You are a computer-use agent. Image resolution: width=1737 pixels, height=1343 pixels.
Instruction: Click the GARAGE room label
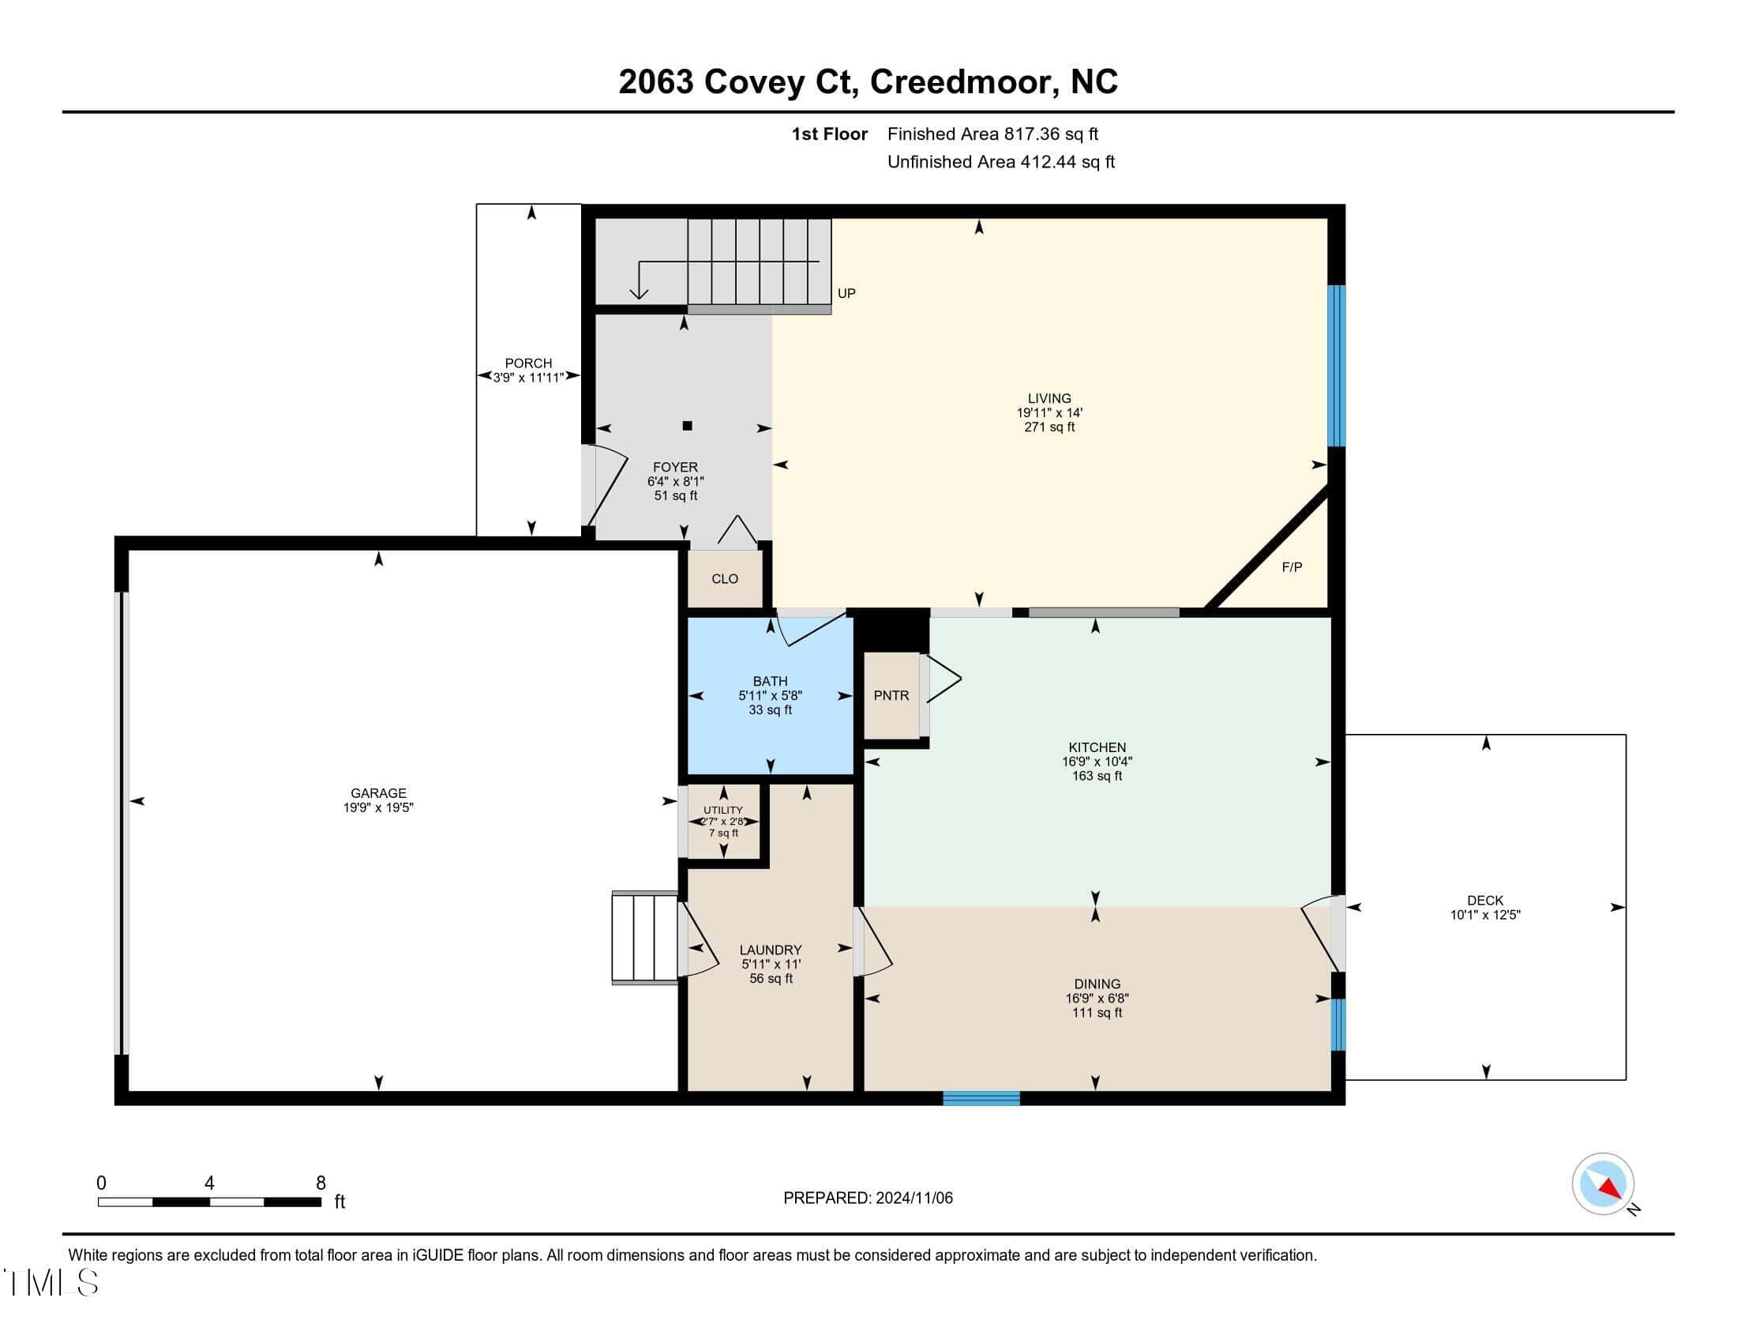click(378, 793)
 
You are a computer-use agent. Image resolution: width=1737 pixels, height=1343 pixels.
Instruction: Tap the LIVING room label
click(1049, 399)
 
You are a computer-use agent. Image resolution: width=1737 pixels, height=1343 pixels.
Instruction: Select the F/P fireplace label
click(1292, 567)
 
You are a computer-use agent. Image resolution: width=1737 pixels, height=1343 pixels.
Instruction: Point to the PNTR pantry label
click(891, 695)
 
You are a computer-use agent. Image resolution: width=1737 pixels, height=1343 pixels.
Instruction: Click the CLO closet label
click(725, 579)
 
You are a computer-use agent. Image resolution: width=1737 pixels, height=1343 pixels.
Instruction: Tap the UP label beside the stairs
click(846, 294)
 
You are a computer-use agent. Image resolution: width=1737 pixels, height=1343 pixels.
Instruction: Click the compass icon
click(1603, 1184)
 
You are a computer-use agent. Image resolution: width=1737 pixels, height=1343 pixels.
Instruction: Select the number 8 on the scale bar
click(321, 1183)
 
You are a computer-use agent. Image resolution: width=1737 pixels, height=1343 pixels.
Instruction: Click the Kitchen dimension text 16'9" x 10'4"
click(1097, 762)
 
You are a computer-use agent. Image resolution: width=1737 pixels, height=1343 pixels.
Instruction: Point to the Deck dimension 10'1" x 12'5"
click(1485, 915)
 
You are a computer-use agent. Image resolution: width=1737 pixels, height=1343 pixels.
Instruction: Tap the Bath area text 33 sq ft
click(770, 710)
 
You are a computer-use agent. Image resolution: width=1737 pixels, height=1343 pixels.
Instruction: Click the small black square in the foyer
click(687, 426)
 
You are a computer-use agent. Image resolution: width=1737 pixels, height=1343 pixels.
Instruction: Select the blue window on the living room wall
click(1337, 366)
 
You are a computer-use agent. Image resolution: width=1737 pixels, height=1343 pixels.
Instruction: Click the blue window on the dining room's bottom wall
click(981, 1098)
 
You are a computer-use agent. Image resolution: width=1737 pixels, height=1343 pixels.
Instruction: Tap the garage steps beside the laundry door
click(644, 938)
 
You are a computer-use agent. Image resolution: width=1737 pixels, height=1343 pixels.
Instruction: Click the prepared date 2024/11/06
click(914, 1198)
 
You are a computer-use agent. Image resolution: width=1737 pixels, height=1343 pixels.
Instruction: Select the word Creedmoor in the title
click(961, 82)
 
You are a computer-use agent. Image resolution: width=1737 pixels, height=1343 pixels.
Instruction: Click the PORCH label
click(528, 363)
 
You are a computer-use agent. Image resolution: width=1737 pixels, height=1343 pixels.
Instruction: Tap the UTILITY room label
click(723, 811)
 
